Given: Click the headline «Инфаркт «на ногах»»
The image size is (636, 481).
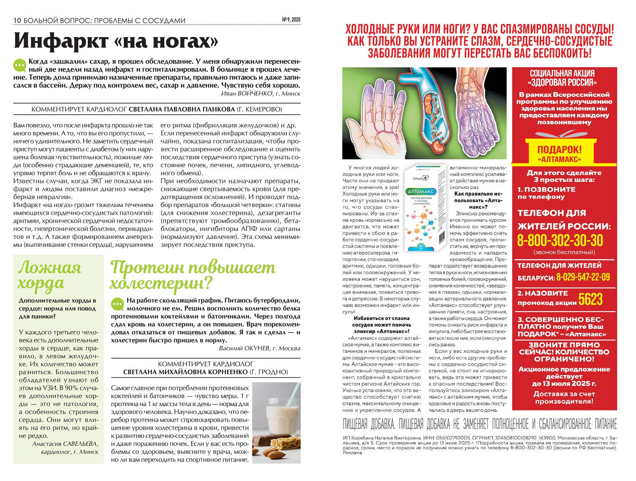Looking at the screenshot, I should point(116,41).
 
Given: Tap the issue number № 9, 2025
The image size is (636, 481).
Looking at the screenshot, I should point(291,19).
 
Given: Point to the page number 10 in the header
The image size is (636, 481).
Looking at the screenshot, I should point(18,20).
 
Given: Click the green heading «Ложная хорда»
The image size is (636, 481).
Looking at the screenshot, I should point(49,275).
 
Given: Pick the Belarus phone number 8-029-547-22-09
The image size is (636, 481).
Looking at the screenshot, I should point(583,277).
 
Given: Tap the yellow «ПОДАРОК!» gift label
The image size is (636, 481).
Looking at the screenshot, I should point(559,150).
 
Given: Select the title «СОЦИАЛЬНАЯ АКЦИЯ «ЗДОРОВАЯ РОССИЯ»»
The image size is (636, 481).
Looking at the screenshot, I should point(562,78).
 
